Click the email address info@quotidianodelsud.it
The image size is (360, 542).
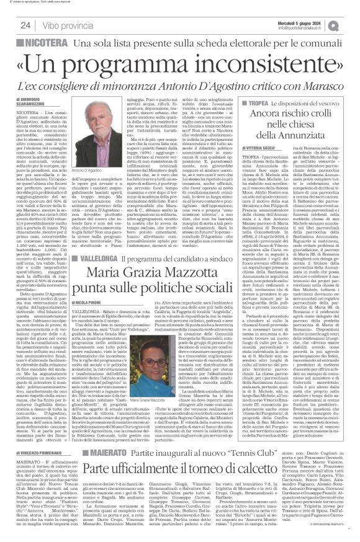click(x=312, y=28)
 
